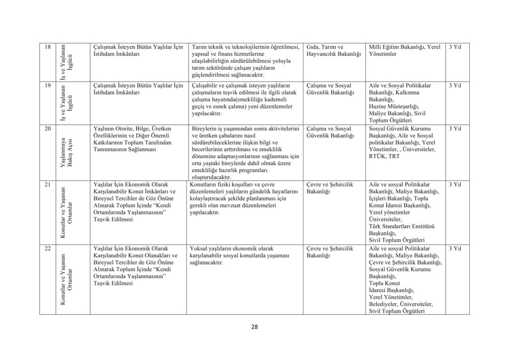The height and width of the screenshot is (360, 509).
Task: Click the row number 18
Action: click(47, 47)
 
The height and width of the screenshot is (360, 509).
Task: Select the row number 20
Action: click(47, 129)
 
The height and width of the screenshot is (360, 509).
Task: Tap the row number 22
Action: click(47, 248)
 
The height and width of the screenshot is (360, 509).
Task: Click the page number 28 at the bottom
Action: click(254, 327)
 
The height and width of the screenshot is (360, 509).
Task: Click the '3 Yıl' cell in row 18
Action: click(454, 47)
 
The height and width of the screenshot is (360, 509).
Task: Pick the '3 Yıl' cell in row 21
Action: click(454, 185)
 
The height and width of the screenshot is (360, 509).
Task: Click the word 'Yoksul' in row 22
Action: click(199, 248)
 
